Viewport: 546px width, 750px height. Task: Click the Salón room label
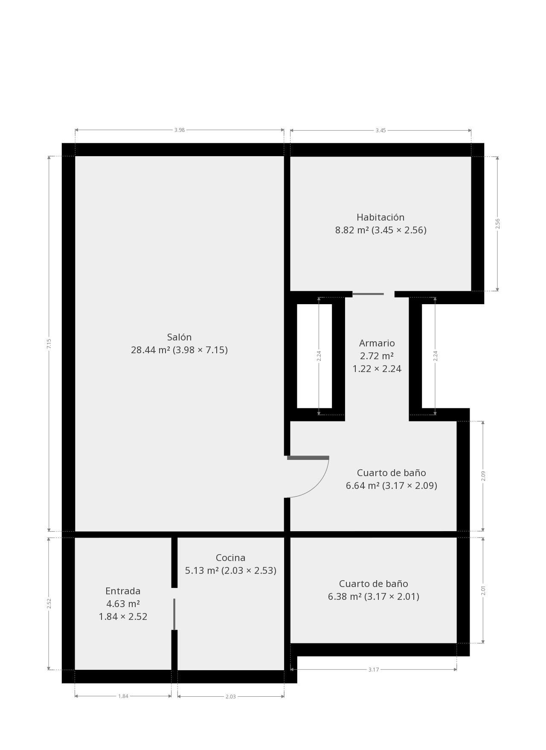coord(179,337)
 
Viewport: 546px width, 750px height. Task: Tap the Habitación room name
coord(380,217)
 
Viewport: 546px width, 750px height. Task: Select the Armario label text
coord(377,343)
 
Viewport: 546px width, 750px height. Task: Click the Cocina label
coord(230,558)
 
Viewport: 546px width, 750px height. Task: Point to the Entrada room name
coord(123,591)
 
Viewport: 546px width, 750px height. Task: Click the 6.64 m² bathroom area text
coord(391,485)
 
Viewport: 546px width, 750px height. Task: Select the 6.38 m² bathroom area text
coord(373,596)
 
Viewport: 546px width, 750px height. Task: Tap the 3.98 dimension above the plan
coord(180,130)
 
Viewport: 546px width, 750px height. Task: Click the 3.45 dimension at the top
coord(380,130)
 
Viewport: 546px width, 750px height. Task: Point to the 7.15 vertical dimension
coord(49,344)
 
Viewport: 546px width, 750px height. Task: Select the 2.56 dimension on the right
coord(497,224)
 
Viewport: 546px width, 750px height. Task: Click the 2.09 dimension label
coord(483,476)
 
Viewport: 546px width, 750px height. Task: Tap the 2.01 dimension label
coord(483,590)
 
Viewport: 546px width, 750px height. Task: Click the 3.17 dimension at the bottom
coord(374,669)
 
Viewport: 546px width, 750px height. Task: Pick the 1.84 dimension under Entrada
coord(123,696)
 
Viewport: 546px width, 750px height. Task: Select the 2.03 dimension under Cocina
coord(230,696)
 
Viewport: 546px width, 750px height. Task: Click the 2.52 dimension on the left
coord(49,603)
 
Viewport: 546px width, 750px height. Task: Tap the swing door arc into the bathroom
coord(318,486)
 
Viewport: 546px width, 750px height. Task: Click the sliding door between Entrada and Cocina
coord(174,614)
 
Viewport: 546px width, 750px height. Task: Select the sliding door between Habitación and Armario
coord(368,294)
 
